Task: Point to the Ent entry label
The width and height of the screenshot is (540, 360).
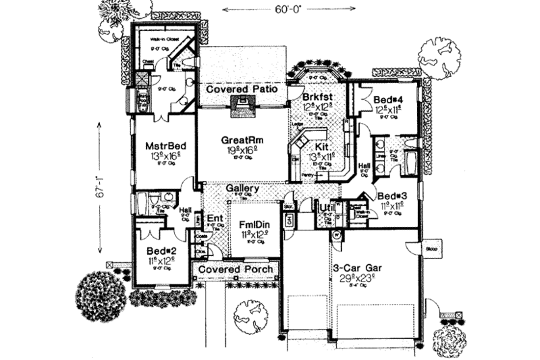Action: pyautogui.click(x=215, y=218)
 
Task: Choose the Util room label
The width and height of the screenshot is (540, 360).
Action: pyautogui.click(x=327, y=207)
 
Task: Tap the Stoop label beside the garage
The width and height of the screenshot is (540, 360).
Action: pyautogui.click(x=432, y=248)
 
